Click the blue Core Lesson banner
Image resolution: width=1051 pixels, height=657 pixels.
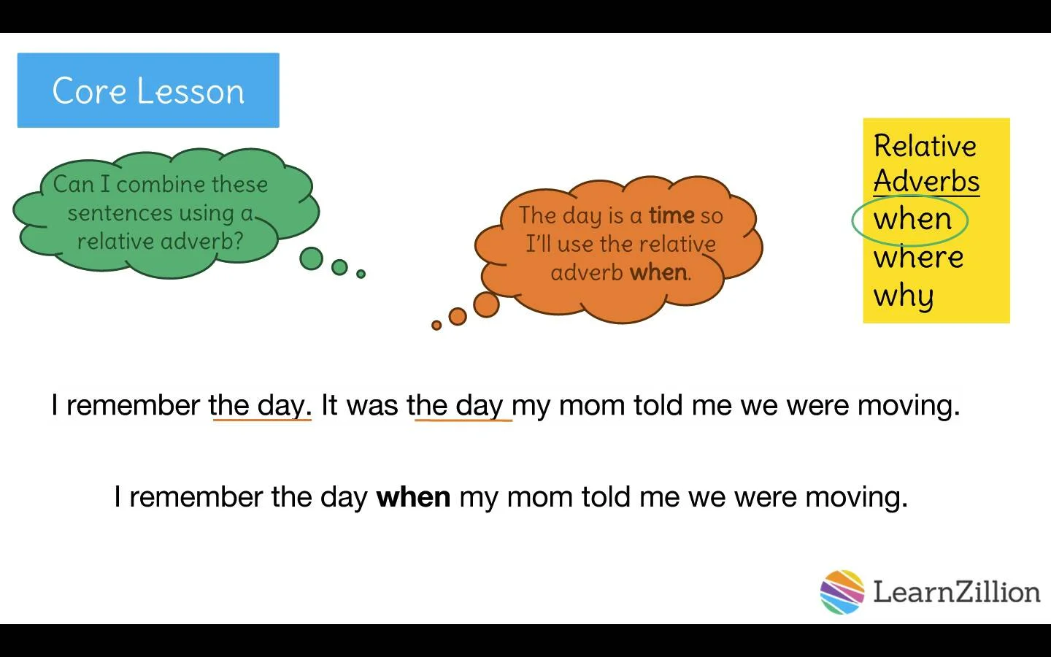pos(148,90)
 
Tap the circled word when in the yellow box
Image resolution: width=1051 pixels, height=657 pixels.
pos(912,219)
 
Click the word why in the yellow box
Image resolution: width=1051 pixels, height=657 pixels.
pos(904,296)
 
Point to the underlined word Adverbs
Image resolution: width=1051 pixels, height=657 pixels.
pos(927,181)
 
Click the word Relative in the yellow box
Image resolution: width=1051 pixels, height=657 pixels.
pos(925,145)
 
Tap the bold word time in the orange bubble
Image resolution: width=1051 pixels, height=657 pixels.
pos(671,215)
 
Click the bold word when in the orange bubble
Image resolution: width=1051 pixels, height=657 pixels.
pos(658,273)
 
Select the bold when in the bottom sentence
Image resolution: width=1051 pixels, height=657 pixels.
pos(413,497)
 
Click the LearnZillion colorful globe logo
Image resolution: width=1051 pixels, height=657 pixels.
pos(842,592)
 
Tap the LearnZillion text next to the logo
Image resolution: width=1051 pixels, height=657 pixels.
pos(956,592)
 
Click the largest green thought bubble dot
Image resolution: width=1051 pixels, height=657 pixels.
pos(311,258)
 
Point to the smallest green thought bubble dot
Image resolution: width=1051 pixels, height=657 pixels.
pos(361,274)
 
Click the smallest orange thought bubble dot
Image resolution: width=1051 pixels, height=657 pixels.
pos(436,326)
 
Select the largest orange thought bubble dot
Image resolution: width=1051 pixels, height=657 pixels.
pos(486,304)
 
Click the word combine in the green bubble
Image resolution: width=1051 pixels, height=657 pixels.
pos(161,184)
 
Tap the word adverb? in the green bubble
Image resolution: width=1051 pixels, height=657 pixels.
pos(201,242)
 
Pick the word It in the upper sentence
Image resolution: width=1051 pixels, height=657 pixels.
pos(329,405)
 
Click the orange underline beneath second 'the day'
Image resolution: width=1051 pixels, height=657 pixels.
pos(463,420)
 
